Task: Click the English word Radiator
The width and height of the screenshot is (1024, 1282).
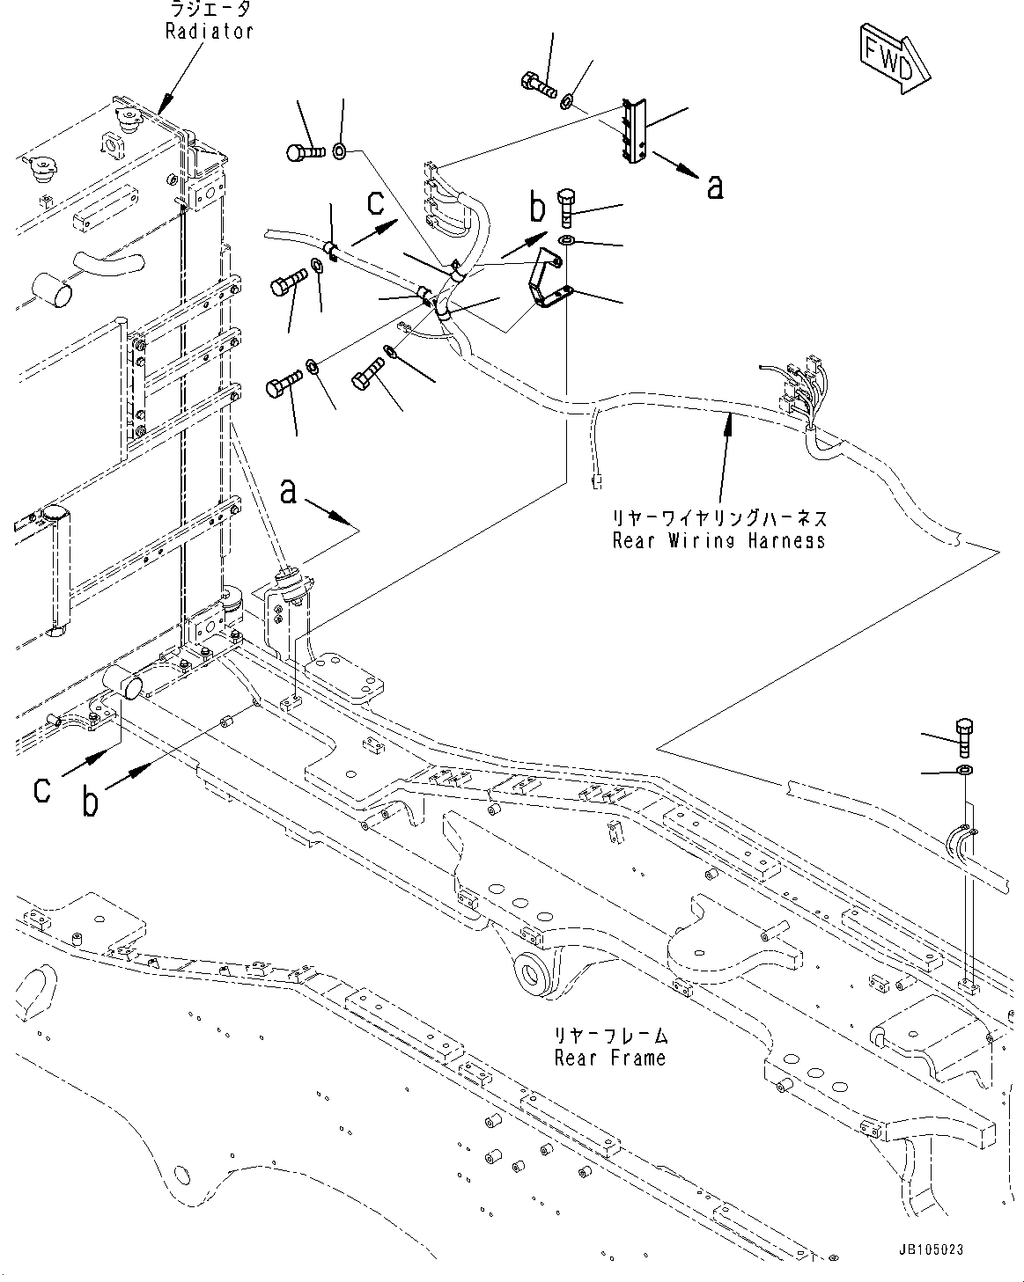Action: click(x=209, y=31)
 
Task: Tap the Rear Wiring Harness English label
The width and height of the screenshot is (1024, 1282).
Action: click(x=718, y=540)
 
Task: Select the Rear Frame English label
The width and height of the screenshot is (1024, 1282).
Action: click(x=610, y=1058)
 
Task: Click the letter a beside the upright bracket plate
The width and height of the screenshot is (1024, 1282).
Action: click(x=715, y=186)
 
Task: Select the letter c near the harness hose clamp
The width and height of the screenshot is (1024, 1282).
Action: click(x=375, y=203)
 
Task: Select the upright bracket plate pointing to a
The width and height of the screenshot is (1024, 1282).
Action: click(x=637, y=130)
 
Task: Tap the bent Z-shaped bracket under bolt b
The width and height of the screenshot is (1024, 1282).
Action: click(x=548, y=281)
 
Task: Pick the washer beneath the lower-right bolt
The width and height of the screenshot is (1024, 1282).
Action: click(x=965, y=772)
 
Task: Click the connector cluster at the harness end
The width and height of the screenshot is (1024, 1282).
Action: click(x=799, y=391)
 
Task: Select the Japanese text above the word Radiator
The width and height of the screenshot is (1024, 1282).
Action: click(x=210, y=10)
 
